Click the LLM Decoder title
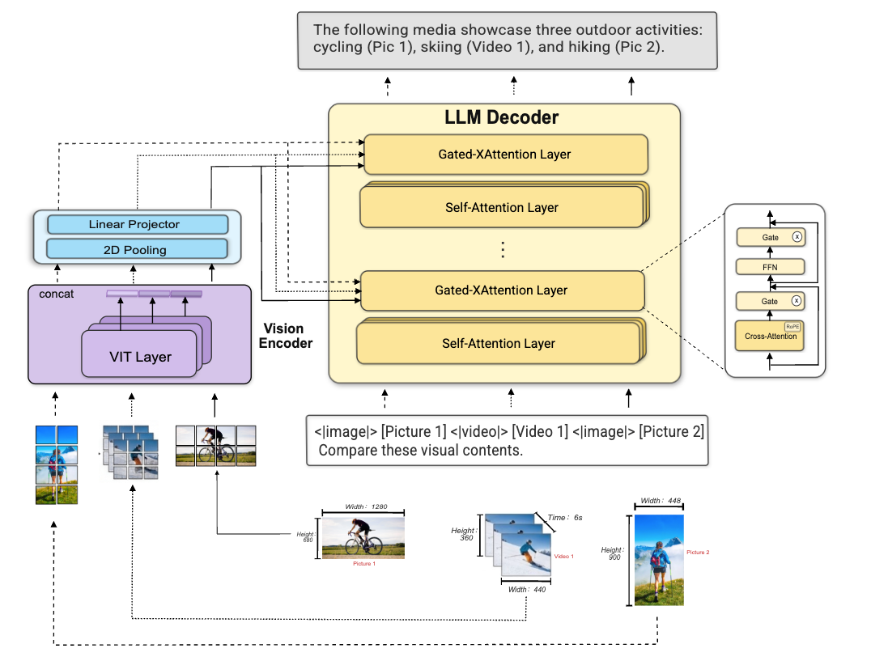point(502,117)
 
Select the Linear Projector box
point(134,224)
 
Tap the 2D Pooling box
point(134,249)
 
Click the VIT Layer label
point(140,357)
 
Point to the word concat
point(56,294)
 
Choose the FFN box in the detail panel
point(769,267)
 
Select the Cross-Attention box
point(769,336)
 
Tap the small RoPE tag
point(792,325)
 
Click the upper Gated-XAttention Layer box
point(506,155)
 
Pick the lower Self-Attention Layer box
point(498,344)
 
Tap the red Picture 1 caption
point(363,563)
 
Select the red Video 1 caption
point(563,557)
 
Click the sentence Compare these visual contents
point(421,451)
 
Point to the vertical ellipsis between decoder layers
point(503,249)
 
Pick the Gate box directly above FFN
point(769,238)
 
